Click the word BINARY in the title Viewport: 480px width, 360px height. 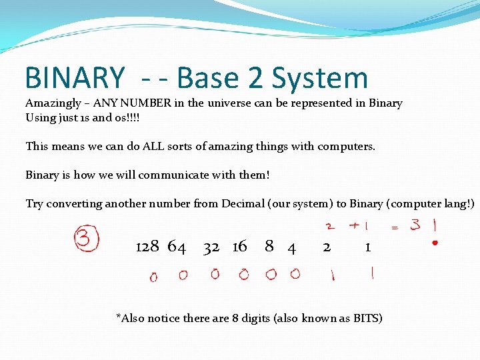(74, 78)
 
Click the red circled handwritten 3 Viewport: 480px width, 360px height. (85, 239)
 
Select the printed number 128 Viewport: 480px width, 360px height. (147, 247)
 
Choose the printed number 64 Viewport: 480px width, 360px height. (177, 247)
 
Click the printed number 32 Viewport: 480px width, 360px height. (211, 247)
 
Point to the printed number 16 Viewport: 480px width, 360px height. (239, 247)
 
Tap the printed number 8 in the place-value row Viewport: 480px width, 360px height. (269, 246)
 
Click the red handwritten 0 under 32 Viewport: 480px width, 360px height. (215, 274)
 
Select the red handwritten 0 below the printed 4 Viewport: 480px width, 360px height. (295, 273)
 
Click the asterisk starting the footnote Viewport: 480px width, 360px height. (119, 315)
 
